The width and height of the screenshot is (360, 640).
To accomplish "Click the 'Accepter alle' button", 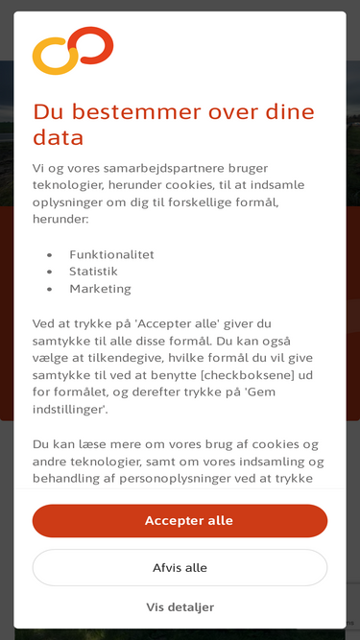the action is [180, 521].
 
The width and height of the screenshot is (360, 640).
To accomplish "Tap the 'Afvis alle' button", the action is [180, 568].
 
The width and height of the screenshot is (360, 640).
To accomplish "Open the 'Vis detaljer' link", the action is [180, 607].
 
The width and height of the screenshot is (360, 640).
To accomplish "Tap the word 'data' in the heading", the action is [58, 138].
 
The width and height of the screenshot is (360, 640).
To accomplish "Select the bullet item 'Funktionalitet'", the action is [111, 254].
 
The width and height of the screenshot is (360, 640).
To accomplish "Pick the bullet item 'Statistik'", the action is [93, 272].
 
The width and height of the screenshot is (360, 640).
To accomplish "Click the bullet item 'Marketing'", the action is [100, 289].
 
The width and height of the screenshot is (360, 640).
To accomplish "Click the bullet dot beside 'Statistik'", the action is [49, 272].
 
